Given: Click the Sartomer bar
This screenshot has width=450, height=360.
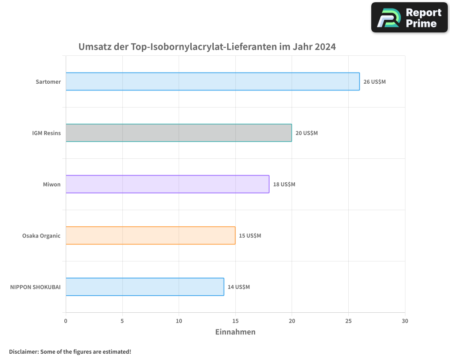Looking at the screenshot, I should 212,81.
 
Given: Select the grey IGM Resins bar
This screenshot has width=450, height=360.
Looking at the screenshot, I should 179,133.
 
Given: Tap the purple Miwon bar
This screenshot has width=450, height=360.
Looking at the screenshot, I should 167,184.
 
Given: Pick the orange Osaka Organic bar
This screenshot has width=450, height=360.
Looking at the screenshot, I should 150,235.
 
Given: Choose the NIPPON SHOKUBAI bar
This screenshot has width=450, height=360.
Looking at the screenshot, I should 144,287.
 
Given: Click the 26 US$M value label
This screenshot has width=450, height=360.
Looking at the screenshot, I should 374,82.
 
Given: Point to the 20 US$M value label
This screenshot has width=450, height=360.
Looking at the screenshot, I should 306,133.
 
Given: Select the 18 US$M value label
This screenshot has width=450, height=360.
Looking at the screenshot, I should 284,184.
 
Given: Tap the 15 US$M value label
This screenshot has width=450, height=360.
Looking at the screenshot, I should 250,236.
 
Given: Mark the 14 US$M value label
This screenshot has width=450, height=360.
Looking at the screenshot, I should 238,287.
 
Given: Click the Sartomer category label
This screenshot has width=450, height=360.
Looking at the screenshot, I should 48,82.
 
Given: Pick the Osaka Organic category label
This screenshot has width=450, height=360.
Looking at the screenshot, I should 41,236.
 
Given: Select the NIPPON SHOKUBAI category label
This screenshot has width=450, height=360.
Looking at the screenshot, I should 35,287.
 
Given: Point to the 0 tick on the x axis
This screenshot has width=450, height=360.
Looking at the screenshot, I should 66,321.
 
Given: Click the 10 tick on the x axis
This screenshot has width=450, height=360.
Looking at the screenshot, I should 179,321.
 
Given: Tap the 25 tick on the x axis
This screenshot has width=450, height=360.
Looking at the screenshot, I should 348,321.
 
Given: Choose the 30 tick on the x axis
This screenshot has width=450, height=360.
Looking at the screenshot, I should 405,321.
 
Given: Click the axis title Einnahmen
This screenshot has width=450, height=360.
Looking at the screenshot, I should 235,332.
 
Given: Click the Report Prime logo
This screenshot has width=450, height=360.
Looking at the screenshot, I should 409,18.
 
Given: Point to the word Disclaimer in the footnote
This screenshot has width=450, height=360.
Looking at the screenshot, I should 23,351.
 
